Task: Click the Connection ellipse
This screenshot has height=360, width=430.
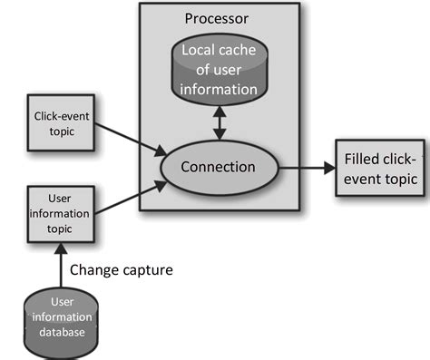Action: [x=218, y=168]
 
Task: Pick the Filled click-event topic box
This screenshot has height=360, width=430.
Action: [x=380, y=169]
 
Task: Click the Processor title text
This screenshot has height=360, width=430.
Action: [x=217, y=18]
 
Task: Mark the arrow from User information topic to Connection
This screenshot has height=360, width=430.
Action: [x=127, y=197]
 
